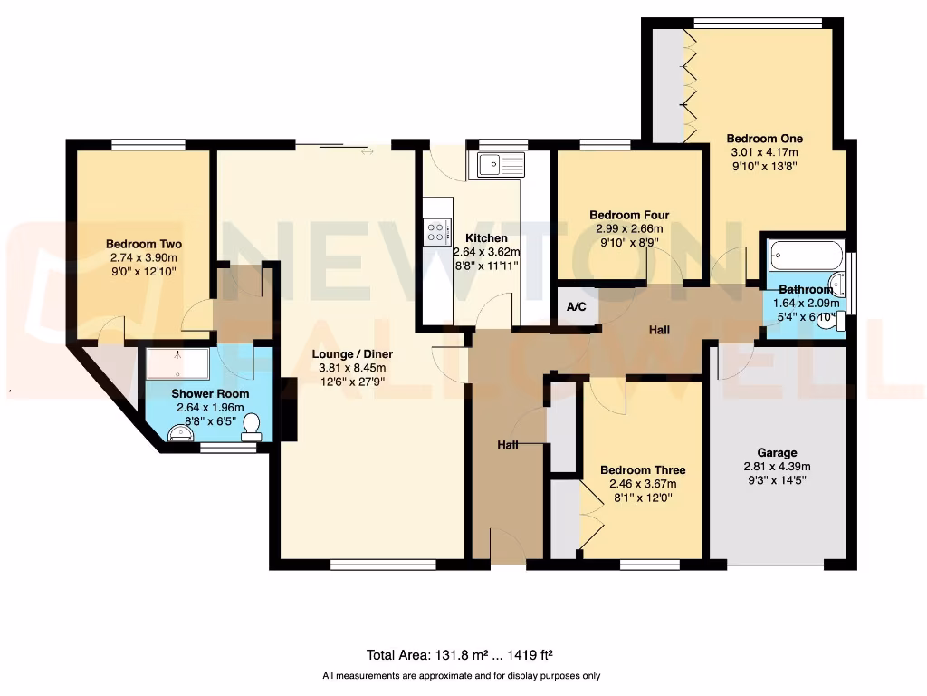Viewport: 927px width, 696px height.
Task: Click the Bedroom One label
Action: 764,139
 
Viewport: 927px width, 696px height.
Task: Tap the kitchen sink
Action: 500,165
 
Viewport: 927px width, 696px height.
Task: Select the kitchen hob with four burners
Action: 437,231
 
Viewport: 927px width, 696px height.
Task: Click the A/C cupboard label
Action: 577,307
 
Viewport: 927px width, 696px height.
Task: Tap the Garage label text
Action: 777,452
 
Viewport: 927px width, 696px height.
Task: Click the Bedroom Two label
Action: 144,244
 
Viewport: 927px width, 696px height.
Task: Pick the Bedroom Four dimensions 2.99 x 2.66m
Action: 629,229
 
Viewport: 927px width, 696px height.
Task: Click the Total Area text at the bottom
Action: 466,654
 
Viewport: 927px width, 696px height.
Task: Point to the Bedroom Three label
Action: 643,469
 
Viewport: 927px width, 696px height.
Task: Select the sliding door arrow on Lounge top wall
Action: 367,151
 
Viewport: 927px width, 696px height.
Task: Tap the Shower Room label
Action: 210,393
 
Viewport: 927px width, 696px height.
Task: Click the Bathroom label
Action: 806,290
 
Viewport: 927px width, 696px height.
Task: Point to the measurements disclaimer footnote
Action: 462,676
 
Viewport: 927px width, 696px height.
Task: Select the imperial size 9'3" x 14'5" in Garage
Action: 777,481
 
